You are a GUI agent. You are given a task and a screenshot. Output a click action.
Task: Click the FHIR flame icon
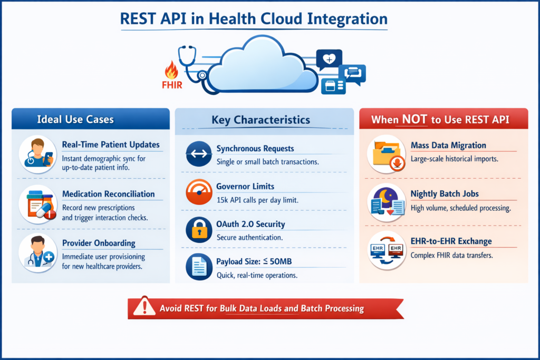(171, 70)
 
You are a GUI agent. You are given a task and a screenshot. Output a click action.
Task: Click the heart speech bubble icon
(329, 59)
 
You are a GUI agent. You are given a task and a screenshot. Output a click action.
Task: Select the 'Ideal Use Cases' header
(75, 120)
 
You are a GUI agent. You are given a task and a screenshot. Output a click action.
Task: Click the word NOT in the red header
(414, 119)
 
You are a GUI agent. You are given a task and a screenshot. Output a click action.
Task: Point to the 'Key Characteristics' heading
(261, 120)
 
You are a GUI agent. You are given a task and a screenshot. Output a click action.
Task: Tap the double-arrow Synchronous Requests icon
(199, 154)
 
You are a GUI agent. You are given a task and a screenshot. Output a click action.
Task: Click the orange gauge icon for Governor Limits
(199, 192)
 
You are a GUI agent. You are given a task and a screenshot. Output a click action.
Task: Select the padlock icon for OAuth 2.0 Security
(199, 230)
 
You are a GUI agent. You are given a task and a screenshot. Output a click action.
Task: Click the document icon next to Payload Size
(199, 267)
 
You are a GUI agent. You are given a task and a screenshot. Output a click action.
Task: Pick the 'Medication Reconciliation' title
(109, 194)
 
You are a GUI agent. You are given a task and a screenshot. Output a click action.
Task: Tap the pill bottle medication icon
(38, 205)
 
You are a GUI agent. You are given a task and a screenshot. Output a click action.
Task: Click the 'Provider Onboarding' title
(99, 243)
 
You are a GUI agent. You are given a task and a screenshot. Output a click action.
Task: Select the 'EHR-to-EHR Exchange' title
(451, 241)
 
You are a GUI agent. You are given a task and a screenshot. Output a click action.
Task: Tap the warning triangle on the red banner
(144, 306)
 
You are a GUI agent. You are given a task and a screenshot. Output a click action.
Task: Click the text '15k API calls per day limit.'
(257, 200)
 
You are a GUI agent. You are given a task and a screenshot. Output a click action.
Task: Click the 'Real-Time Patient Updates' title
(111, 144)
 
